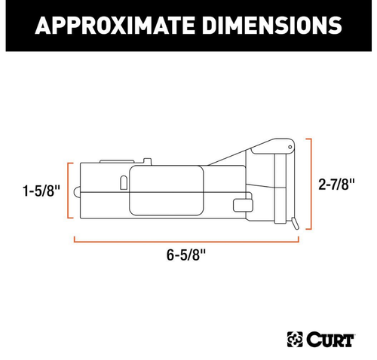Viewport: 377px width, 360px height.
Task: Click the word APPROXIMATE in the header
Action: coord(115,25)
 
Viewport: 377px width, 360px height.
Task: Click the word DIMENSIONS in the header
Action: coord(272,25)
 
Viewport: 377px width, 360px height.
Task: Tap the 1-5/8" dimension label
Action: coord(41,191)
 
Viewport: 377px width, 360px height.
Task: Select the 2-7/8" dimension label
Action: coord(336,185)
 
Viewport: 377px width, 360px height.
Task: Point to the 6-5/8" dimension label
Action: coord(186,255)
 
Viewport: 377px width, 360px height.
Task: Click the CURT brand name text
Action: coord(330,340)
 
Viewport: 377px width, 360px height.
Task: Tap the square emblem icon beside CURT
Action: coord(295,340)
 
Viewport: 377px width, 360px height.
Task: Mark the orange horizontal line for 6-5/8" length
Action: coord(186,242)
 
